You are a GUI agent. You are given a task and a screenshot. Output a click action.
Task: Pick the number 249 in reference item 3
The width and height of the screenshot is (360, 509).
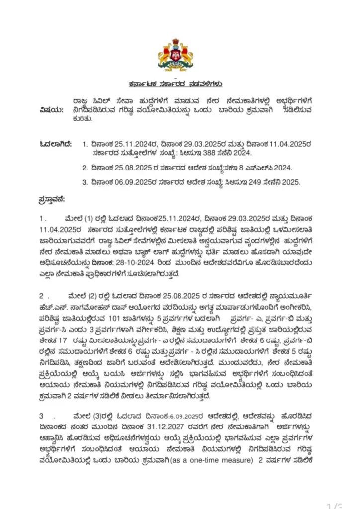click(241, 182)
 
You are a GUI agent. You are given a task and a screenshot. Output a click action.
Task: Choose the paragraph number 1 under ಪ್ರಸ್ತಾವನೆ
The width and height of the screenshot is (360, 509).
click(42, 218)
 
